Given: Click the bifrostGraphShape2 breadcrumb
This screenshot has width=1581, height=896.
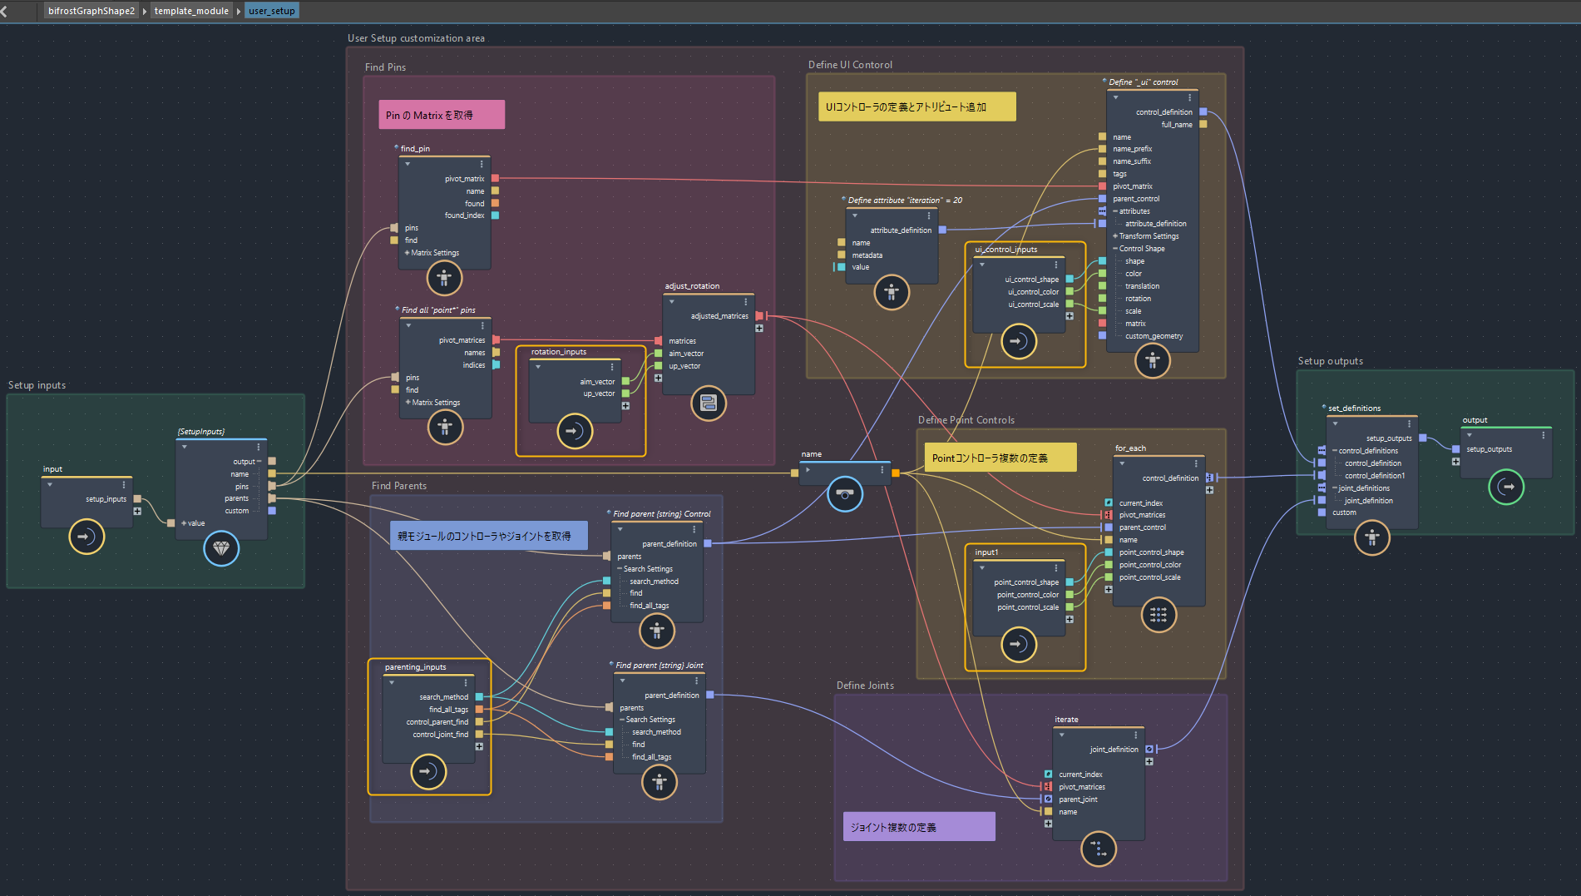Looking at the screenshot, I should click(x=91, y=11).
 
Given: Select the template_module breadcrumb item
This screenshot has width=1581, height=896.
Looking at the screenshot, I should click(x=191, y=11).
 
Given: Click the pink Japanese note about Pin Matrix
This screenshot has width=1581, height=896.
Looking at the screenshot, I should click(x=442, y=115).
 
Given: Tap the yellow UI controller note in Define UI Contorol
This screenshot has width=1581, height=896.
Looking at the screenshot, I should click(x=916, y=106).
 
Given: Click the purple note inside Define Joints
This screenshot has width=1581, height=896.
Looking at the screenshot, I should click(x=919, y=827).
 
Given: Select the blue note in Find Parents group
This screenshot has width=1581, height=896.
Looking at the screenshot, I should click(x=488, y=536).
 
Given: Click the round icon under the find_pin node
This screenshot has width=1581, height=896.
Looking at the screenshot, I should click(x=444, y=278).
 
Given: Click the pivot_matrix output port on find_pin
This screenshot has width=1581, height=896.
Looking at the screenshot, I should click(x=495, y=178).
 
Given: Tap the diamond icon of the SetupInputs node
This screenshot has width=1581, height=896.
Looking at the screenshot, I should click(x=221, y=548).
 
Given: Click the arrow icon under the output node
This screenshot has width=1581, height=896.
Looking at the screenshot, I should click(x=1506, y=487).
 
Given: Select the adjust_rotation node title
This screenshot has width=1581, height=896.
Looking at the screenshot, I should click(x=692, y=286).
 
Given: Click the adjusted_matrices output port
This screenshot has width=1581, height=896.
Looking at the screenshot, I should click(x=758, y=316).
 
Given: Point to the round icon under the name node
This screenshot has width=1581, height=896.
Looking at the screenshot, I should click(x=845, y=494).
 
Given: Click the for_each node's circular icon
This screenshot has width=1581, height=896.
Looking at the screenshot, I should click(x=1159, y=615).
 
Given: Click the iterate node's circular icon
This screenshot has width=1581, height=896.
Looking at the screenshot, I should click(x=1098, y=849).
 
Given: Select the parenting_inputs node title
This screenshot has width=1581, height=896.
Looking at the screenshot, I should click(x=415, y=667).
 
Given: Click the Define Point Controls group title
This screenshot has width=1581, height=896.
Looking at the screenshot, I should click(x=966, y=420).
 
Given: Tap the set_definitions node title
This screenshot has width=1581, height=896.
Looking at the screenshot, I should click(x=1354, y=408).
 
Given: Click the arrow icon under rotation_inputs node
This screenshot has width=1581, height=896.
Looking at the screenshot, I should click(x=575, y=431).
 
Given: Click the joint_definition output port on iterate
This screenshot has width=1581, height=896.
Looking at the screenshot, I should click(x=1149, y=750).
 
